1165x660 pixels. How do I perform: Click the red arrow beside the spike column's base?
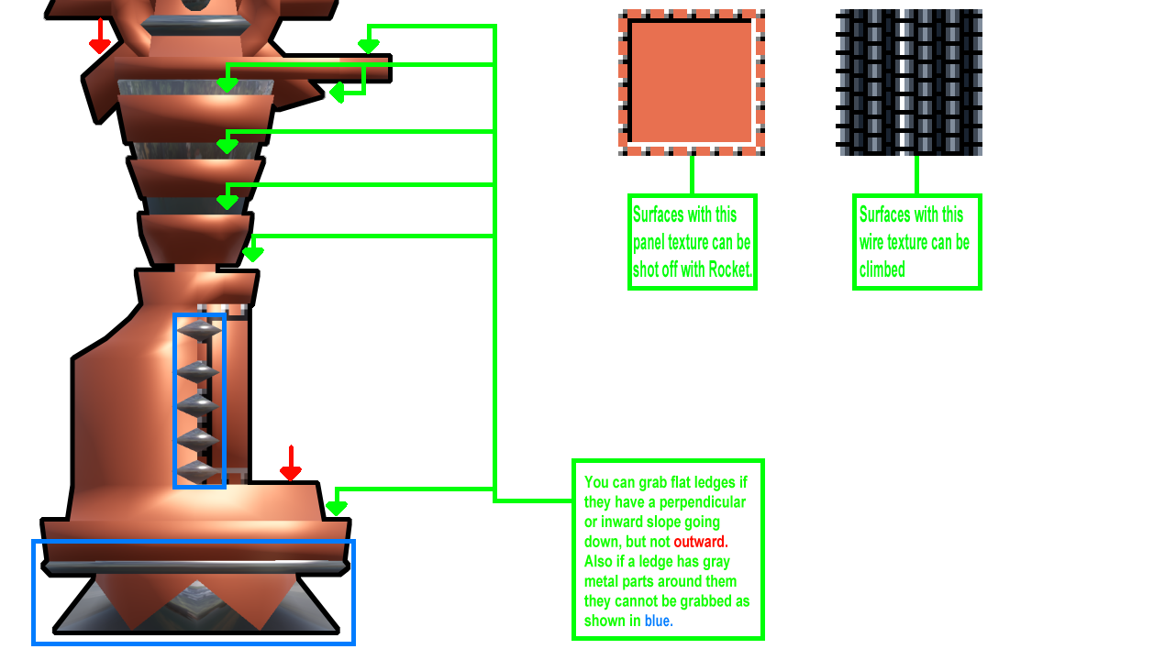tap(291, 465)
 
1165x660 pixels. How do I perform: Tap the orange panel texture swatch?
tap(692, 82)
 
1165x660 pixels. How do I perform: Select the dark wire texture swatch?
tap(909, 82)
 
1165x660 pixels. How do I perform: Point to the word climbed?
tap(882, 269)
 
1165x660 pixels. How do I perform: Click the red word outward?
tap(700, 542)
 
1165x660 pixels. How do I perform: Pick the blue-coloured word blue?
tap(657, 621)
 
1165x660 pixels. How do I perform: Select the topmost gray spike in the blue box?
tap(199, 331)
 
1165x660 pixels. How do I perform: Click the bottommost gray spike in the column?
tap(199, 471)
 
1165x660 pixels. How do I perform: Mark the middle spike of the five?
tap(199, 403)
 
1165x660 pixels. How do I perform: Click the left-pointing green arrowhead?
tap(337, 93)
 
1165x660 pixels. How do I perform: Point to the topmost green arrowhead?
tap(368, 45)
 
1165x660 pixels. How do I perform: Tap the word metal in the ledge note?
tap(604, 581)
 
